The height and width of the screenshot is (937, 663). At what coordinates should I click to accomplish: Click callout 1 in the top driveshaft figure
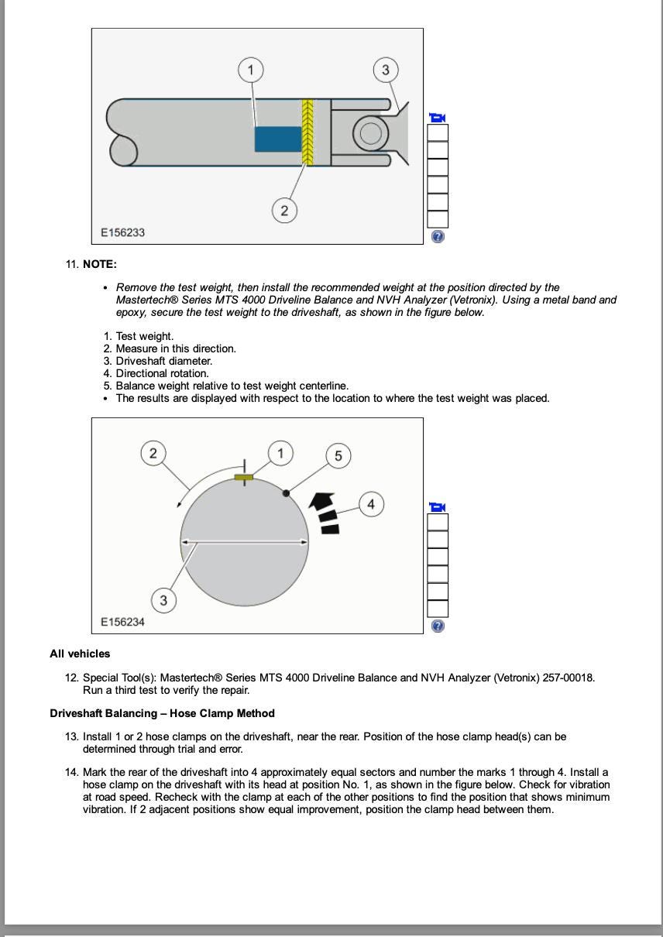[250, 70]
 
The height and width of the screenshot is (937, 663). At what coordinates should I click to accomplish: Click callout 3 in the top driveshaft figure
[386, 70]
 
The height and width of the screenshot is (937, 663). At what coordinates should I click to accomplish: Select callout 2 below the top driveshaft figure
[284, 210]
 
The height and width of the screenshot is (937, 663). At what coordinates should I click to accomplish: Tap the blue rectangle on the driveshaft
[278, 139]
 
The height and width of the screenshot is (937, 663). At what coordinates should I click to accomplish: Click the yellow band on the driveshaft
[307, 132]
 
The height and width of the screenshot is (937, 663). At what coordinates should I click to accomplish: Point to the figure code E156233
[122, 232]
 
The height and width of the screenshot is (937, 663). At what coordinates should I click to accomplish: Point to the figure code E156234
[122, 622]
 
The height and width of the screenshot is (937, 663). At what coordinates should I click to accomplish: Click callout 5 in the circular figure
[338, 456]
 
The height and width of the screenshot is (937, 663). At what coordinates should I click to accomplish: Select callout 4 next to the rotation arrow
[371, 504]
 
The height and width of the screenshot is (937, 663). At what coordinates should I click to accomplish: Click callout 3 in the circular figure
[163, 600]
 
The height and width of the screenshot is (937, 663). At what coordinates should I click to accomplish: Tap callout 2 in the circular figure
[153, 453]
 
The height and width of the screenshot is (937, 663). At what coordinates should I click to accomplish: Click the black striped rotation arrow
[326, 511]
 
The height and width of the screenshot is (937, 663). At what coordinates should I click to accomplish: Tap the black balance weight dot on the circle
[287, 493]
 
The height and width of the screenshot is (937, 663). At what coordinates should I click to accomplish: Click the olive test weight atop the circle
[244, 478]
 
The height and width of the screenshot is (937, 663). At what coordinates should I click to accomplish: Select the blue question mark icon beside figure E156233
[438, 237]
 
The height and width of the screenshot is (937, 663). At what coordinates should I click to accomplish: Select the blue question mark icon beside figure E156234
[438, 626]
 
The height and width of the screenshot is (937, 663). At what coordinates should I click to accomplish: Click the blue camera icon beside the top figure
[438, 118]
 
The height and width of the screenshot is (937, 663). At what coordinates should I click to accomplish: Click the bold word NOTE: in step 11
[100, 264]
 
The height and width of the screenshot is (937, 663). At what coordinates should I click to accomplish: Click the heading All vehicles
[80, 654]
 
